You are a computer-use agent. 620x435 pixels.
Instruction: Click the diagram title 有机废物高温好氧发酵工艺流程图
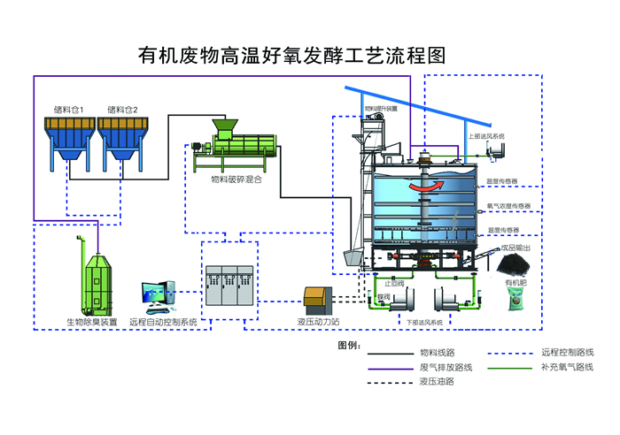pyautogui.click(x=291, y=56)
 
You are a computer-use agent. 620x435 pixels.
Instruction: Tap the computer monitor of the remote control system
pyautogui.click(x=157, y=294)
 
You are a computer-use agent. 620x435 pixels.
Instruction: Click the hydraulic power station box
pyautogui.click(x=317, y=299)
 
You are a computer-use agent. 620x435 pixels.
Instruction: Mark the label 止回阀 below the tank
pyautogui.click(x=394, y=283)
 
